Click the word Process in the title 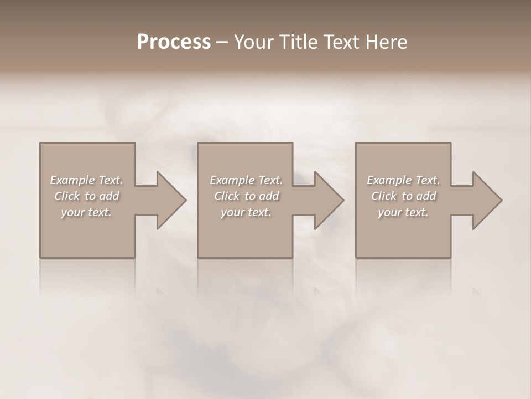click(x=174, y=42)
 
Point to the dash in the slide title click(x=222, y=43)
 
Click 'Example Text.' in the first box click(x=86, y=180)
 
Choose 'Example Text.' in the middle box click(x=246, y=180)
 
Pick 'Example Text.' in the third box click(x=403, y=180)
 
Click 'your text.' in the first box click(x=86, y=212)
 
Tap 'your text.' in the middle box click(x=246, y=212)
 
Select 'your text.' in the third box click(x=403, y=212)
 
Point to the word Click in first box click(x=67, y=196)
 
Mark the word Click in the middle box click(x=227, y=196)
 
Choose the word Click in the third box click(x=384, y=196)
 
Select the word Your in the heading click(x=252, y=42)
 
